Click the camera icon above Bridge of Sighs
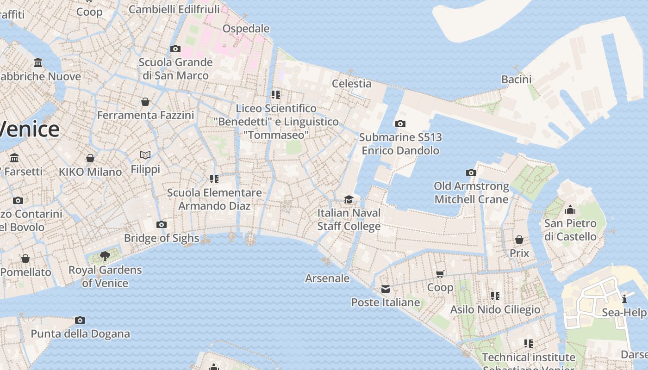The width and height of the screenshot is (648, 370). [x=161, y=225]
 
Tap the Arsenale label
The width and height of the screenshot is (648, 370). [x=327, y=278]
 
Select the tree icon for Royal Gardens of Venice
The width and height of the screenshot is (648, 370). [x=105, y=256]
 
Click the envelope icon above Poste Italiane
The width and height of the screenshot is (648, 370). [x=386, y=289]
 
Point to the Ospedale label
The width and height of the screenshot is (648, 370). [x=246, y=29]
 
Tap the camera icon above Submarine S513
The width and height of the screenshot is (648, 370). [x=400, y=123]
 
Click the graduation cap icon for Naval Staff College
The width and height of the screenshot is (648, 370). [x=349, y=199]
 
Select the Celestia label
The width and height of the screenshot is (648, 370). [x=351, y=83]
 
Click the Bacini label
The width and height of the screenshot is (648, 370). [x=516, y=79]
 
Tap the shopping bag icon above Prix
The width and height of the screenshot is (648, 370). [x=519, y=240]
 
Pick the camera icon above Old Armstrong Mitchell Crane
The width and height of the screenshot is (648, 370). [x=471, y=173]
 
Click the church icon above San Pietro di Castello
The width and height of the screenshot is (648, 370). [x=570, y=210]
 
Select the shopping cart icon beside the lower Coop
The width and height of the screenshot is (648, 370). [x=440, y=274]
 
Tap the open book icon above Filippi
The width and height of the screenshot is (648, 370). [x=145, y=155]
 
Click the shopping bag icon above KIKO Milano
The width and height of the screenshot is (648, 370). [x=90, y=158]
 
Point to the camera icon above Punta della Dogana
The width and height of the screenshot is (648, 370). [x=80, y=320]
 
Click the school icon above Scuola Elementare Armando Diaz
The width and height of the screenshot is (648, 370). [x=214, y=179]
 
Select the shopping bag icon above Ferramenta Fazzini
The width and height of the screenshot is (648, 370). [x=145, y=102]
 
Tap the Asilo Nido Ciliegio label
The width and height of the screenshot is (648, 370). [x=495, y=309]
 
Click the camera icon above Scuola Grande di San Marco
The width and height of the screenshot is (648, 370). [x=175, y=49]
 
